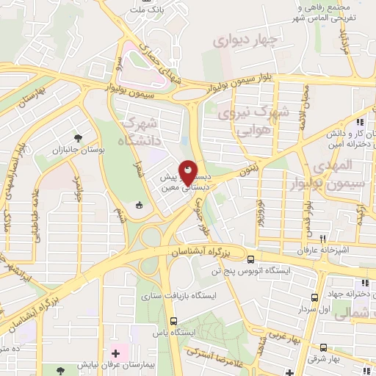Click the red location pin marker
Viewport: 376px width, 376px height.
[188, 173]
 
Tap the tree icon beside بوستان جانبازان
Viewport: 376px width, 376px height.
[78, 138]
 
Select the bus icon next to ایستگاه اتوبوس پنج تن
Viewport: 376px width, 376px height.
[251, 259]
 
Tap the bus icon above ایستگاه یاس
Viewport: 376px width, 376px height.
[173, 321]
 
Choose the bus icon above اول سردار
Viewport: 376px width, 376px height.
[314, 297]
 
